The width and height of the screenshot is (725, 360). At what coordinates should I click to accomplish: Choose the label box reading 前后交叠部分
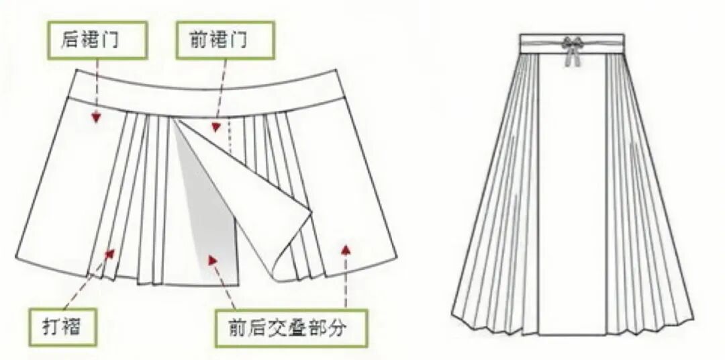291,328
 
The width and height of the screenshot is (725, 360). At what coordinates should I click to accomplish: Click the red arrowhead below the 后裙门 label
97,118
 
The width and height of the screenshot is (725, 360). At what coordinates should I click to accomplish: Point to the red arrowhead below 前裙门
215,126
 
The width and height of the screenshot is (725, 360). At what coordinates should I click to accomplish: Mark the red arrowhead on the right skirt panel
346,250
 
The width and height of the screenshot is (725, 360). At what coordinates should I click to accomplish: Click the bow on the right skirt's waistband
573,44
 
